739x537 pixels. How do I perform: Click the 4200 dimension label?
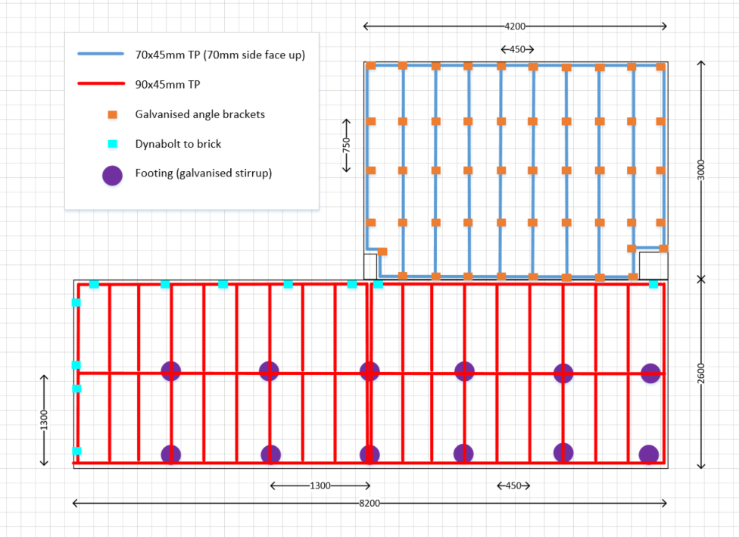pyautogui.click(x=515, y=27)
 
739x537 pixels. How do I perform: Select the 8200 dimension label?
pyautogui.click(x=369, y=503)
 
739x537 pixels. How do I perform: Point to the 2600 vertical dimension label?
pyautogui.click(x=702, y=373)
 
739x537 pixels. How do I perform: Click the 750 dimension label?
pyautogui.click(x=347, y=144)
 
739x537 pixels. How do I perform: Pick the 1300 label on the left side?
pyautogui.click(x=44, y=419)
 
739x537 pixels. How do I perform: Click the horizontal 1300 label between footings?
pyautogui.click(x=320, y=485)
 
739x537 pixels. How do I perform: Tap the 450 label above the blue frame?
pyautogui.click(x=517, y=50)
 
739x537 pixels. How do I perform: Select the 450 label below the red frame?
pyautogui.click(x=513, y=485)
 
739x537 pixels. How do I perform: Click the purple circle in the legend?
pyautogui.click(x=113, y=174)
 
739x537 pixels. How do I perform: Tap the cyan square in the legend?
pyautogui.click(x=112, y=144)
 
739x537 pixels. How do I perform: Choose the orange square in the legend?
pyautogui.click(x=112, y=115)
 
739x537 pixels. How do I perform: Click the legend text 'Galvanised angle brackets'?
pyautogui.click(x=200, y=115)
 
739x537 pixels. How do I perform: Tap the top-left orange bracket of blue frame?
pyautogui.click(x=371, y=66)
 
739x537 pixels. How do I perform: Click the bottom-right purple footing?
pyautogui.click(x=649, y=454)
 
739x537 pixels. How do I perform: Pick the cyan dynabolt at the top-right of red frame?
pyautogui.click(x=653, y=284)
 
